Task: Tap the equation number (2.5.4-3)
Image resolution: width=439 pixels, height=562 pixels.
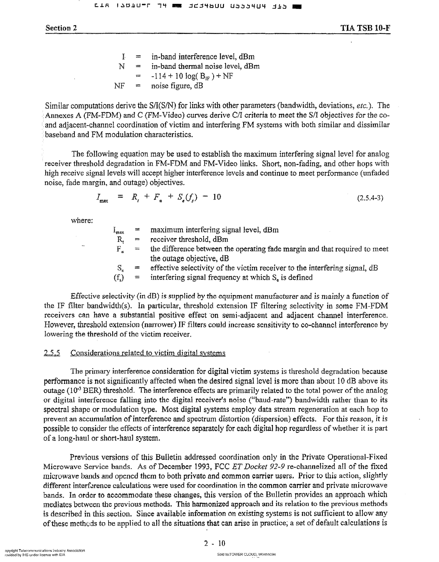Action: pyautogui.click(x=370, y=198)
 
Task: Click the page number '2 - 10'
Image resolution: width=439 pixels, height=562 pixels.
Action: pyautogui.click(x=215, y=543)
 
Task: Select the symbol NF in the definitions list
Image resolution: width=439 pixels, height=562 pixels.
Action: pyautogui.click(x=119, y=86)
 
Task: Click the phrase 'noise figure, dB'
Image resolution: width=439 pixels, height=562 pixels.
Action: pyautogui.click(x=177, y=86)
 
